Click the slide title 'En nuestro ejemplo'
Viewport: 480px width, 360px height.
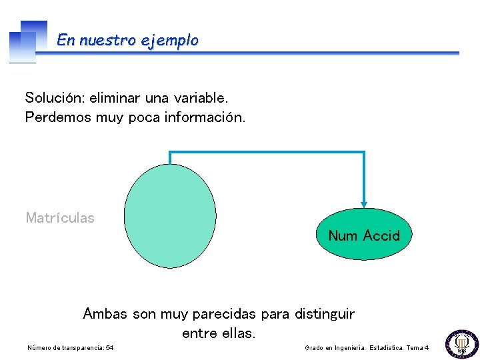point(127,40)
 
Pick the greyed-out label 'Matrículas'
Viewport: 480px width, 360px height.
point(60,217)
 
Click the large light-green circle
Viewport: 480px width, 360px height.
point(170,216)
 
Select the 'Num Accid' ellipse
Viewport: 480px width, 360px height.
point(363,235)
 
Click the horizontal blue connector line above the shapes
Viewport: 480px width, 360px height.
point(267,153)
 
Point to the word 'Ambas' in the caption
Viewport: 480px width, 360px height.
point(105,313)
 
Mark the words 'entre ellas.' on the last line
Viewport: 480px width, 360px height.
point(219,333)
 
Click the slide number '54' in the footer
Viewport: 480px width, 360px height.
point(109,348)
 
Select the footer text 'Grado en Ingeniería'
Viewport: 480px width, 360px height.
point(341,348)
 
